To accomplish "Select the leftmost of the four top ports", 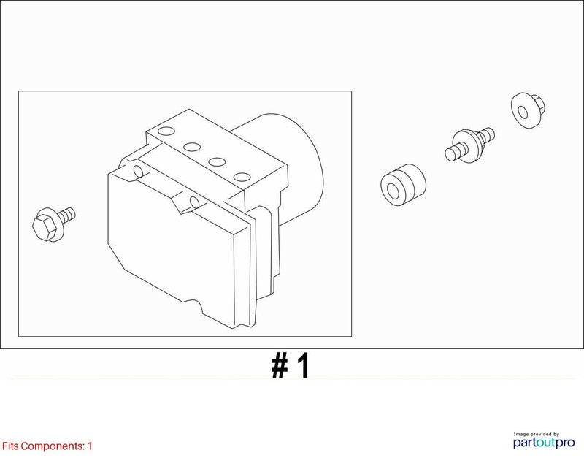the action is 166,131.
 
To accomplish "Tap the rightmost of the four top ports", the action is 242,177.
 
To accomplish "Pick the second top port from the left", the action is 192,147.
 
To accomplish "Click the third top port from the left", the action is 217,161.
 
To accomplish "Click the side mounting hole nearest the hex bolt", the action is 138,171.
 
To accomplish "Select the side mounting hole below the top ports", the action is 194,202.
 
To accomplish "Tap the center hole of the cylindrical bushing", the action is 393,190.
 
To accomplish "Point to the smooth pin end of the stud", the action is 453,152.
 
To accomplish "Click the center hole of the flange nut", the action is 523,112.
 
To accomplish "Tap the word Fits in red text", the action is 10,446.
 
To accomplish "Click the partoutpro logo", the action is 544,443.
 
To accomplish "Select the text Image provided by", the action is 537,434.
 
